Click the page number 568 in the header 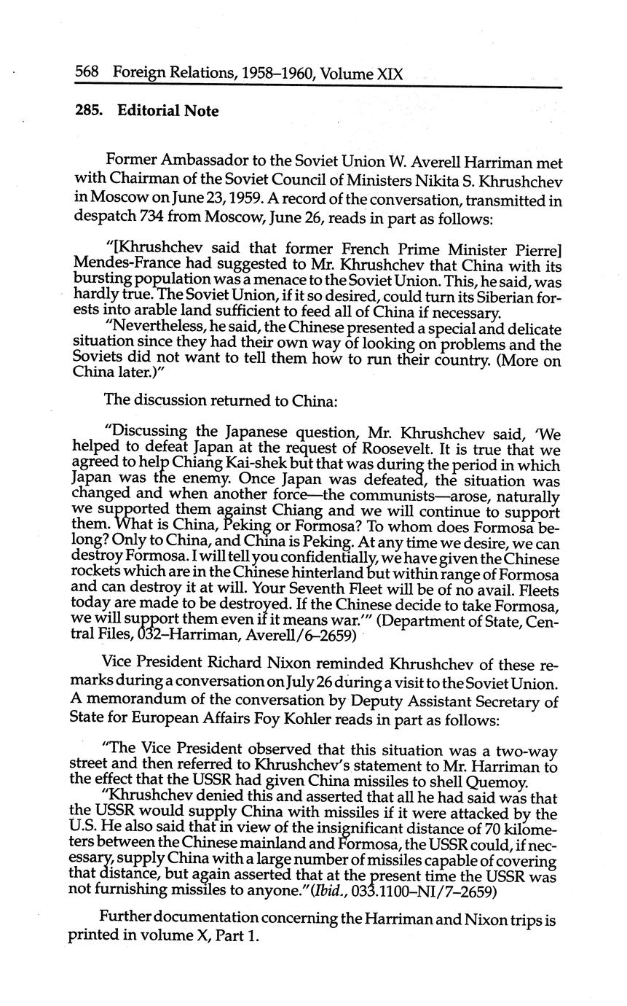(x=87, y=74)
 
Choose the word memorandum (x=135, y=702)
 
